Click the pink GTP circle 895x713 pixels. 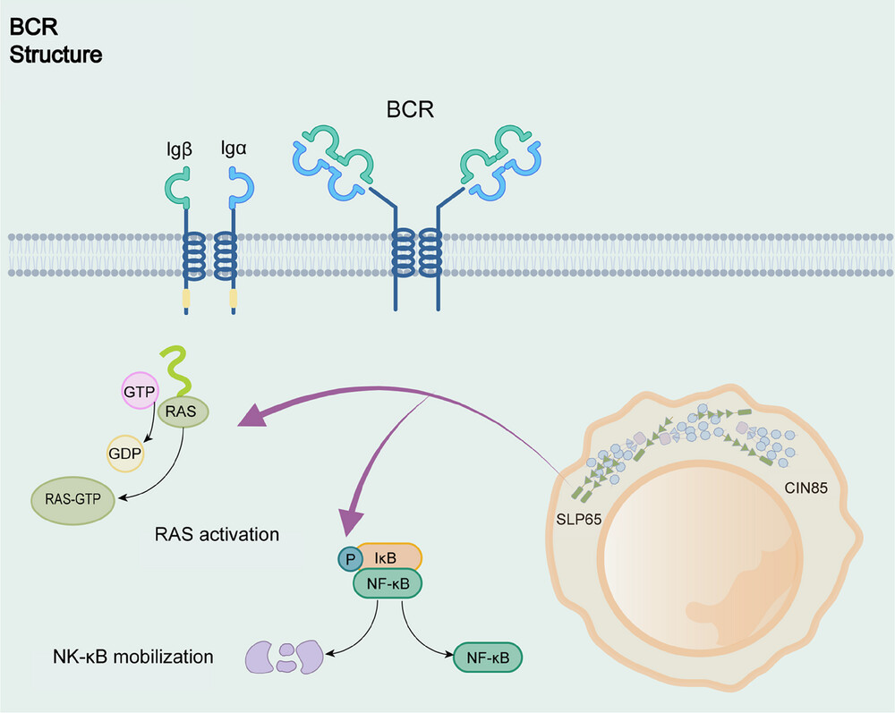coord(140,391)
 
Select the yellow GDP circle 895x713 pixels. coord(125,454)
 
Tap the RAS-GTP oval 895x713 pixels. coord(73,500)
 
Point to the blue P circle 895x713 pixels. coord(351,559)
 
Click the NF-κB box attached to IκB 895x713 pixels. coord(388,583)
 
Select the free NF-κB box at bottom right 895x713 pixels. coord(488,658)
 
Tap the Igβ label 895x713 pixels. coord(179,150)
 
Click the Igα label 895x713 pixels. coord(234,149)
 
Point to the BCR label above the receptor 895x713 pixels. coord(410,109)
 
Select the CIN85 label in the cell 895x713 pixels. coord(806,488)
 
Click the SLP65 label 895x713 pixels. coord(579,519)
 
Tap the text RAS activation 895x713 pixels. coord(217,534)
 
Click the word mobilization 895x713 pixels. coord(163,657)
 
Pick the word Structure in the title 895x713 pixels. coord(55,55)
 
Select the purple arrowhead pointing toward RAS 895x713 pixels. coord(253,414)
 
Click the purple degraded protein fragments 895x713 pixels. coord(285,658)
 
